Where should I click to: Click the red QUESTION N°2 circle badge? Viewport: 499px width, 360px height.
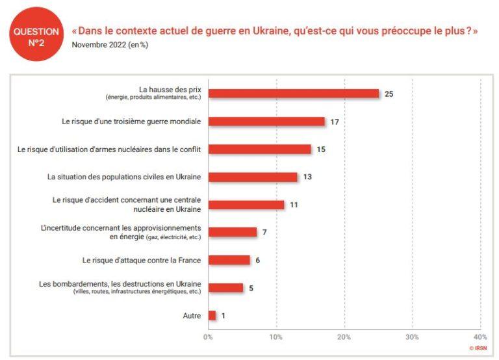point(36,36)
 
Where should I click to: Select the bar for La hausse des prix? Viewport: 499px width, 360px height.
point(293,94)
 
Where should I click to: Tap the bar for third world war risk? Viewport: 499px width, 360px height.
point(266,122)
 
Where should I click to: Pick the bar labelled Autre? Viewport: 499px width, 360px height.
point(212,316)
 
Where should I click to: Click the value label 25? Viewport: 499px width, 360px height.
point(389,94)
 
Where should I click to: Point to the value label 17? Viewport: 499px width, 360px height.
point(335,122)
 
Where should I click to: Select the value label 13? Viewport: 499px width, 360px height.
point(307,177)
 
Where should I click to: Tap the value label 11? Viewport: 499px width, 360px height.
point(294,205)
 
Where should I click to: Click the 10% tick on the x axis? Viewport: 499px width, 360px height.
point(276,337)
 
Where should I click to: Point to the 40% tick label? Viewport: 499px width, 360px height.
point(480,337)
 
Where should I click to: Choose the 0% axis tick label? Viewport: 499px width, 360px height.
point(208,337)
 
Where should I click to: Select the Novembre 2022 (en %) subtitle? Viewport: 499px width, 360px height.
point(110,45)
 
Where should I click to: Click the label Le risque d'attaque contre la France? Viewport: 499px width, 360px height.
point(142,261)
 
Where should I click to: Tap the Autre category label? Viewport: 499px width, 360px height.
point(192,316)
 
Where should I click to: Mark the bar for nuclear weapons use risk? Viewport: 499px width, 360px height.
point(259,149)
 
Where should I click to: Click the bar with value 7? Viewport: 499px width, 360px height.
point(232,232)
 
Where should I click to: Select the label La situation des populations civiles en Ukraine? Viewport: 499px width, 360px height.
point(124,177)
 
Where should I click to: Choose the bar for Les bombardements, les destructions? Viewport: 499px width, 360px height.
point(225,288)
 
